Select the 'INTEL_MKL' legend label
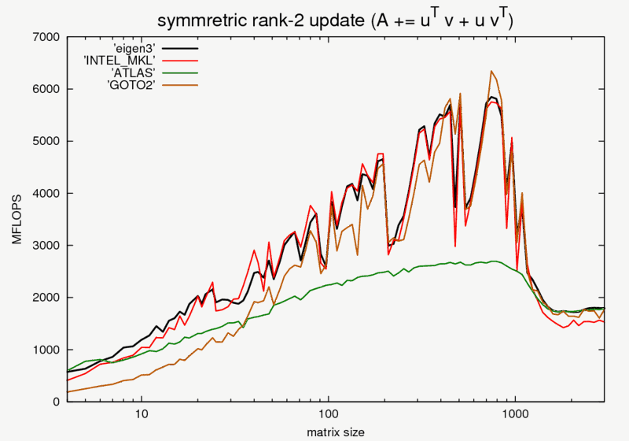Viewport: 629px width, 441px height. tap(116, 59)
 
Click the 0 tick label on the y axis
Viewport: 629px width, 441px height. tap(56, 402)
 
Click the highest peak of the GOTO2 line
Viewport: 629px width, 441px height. tap(491, 71)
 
